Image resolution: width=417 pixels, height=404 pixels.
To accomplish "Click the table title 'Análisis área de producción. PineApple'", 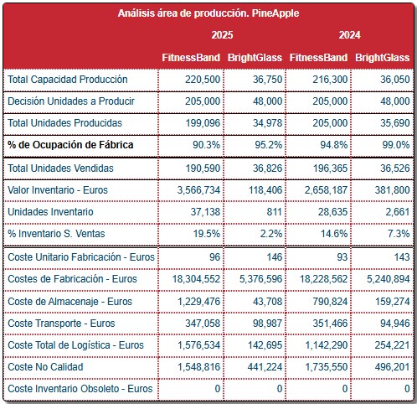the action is pyautogui.click(x=208, y=13).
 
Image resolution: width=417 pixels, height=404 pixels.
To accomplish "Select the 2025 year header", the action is pyautogui.click(x=222, y=35).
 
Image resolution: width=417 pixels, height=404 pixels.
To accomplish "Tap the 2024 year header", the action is pyautogui.click(x=349, y=35).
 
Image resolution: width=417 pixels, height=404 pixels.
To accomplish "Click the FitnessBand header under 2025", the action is pyautogui.click(x=191, y=58).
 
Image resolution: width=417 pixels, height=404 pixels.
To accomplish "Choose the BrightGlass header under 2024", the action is pyautogui.click(x=382, y=58).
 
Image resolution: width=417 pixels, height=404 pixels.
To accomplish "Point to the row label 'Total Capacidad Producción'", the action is pyautogui.click(x=68, y=80).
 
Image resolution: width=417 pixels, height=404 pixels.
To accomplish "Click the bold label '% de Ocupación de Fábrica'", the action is pyautogui.click(x=70, y=145).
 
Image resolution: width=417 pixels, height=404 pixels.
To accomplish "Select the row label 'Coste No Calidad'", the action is pyautogui.click(x=45, y=367).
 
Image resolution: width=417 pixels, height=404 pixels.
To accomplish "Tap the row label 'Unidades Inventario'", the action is pyautogui.click(x=50, y=212).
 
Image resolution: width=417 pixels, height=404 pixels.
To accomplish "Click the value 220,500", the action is pyautogui.click(x=203, y=80).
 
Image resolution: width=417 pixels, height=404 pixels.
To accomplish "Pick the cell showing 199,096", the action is pyautogui.click(x=203, y=123).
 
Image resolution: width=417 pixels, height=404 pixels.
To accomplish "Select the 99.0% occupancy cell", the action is pyautogui.click(x=396, y=145).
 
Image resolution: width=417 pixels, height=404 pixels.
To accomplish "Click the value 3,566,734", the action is pyautogui.click(x=198, y=190).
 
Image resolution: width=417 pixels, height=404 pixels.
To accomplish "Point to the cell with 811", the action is pyautogui.click(x=274, y=212).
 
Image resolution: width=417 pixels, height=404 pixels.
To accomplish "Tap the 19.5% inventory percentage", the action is pyautogui.click(x=207, y=234).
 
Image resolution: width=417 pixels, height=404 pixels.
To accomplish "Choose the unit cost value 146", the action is pyautogui.click(x=275, y=257).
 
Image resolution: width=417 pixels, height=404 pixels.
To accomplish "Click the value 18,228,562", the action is pyautogui.click(x=323, y=279).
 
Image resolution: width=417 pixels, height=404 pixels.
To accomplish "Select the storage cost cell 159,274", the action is pyautogui.click(x=392, y=302).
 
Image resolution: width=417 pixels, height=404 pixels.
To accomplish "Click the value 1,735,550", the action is pyautogui.click(x=327, y=367).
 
